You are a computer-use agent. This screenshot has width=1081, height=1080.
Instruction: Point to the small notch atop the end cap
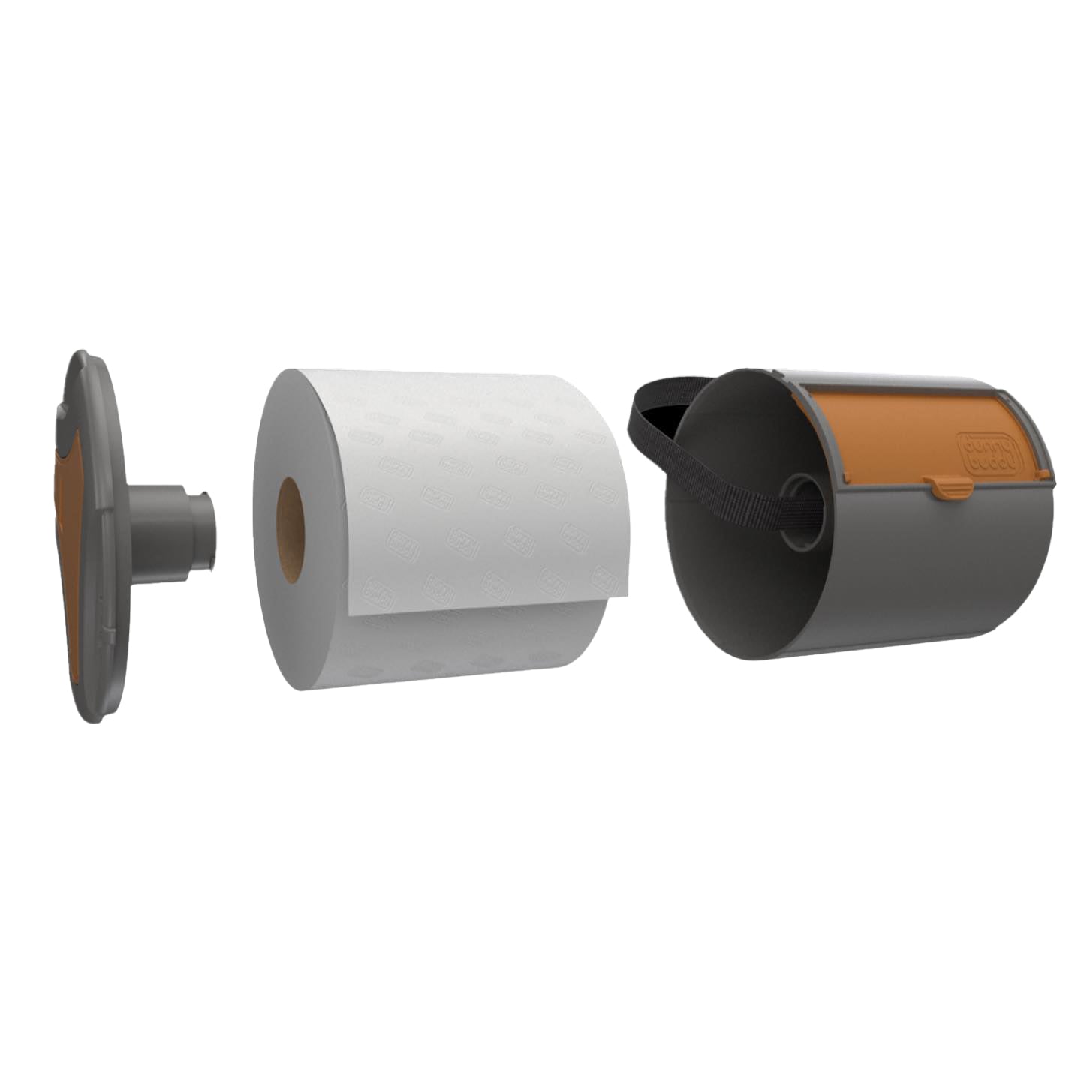click(x=63, y=410)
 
